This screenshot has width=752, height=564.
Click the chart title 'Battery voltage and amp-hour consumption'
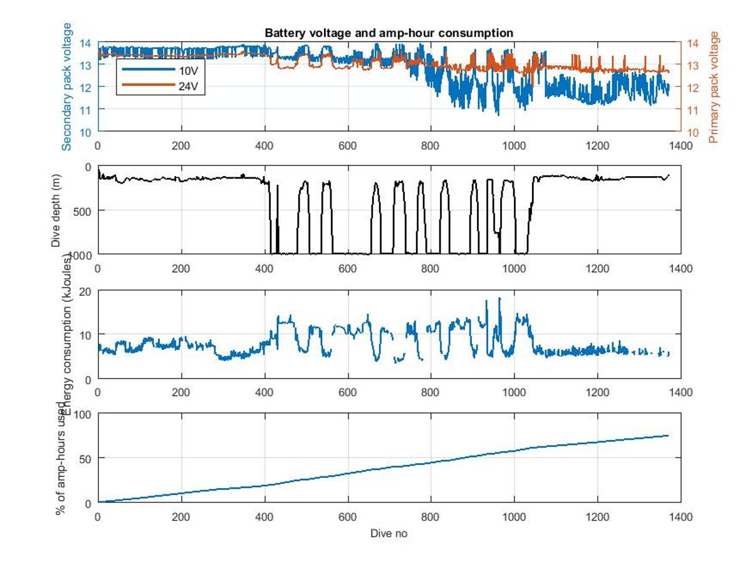[389, 33]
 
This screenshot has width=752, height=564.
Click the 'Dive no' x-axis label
[389, 533]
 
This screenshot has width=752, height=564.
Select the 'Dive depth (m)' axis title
[56, 210]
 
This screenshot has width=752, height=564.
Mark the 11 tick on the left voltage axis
[86, 110]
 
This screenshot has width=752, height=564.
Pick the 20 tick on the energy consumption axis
[86, 291]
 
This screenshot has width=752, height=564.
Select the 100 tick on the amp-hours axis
[83, 414]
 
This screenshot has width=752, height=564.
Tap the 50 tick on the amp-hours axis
[86, 459]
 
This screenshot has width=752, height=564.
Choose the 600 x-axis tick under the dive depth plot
[348, 268]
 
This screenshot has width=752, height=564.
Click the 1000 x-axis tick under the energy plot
[514, 392]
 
